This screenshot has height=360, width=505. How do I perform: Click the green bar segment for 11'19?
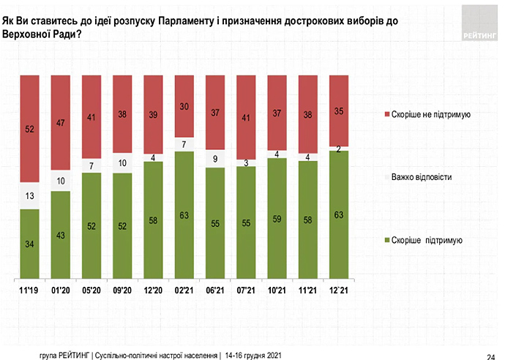29,244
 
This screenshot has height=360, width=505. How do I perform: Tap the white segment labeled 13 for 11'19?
29,195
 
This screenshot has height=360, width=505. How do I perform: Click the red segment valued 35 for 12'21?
339,110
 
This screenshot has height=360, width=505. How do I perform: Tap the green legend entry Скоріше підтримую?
427,239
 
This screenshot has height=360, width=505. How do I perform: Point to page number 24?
495,350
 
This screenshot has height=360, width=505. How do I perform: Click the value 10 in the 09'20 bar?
122,162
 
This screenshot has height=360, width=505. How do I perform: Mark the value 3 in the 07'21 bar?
246,163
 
